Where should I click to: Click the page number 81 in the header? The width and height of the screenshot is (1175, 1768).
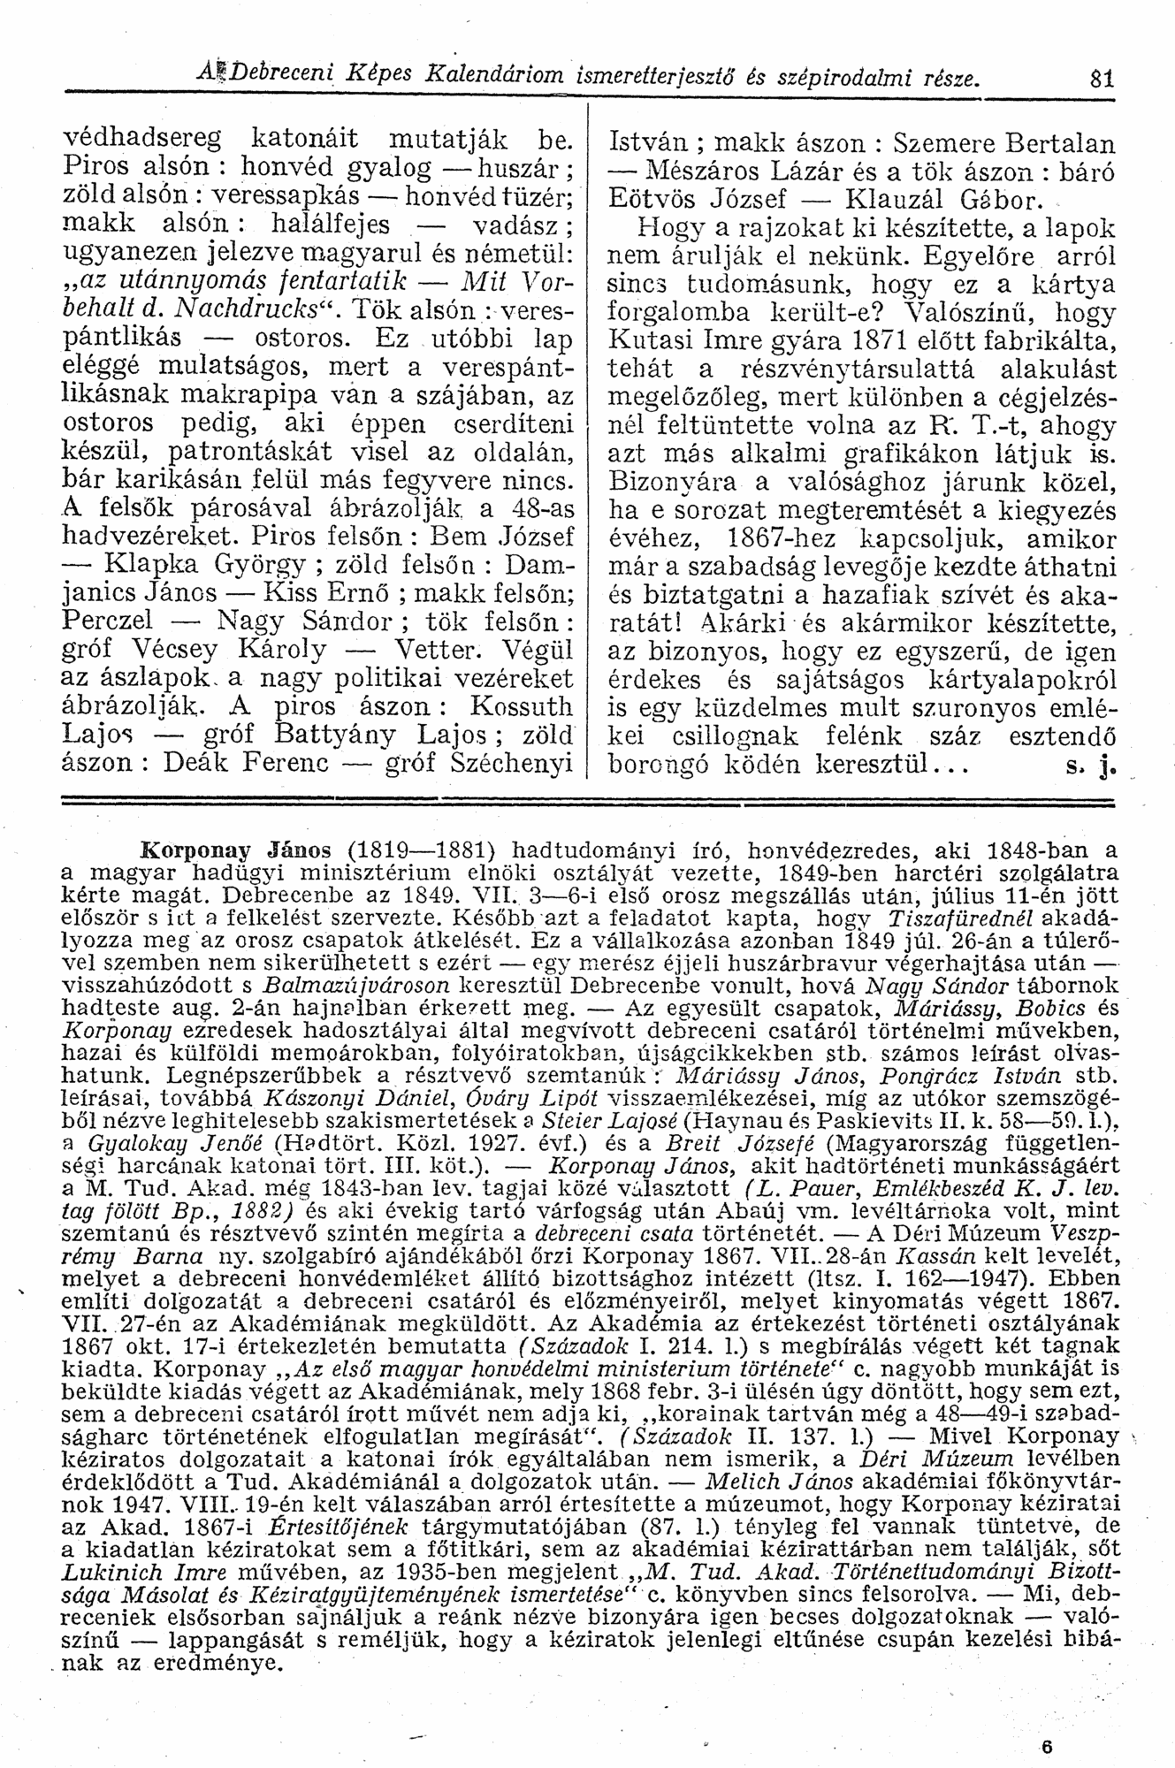pyautogui.click(x=1100, y=79)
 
